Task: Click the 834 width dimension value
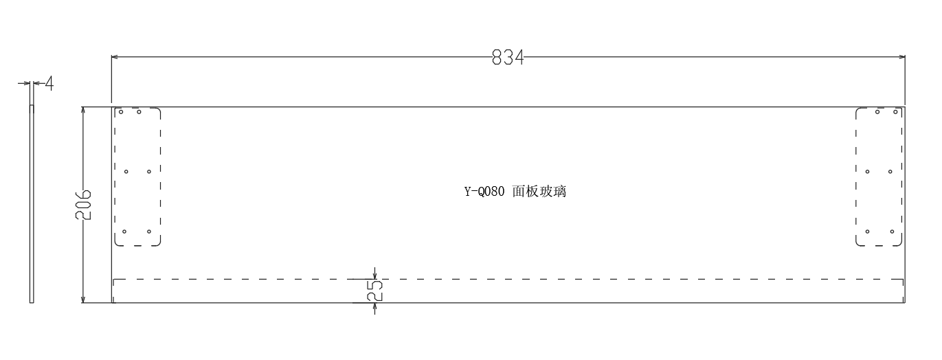[x=508, y=58]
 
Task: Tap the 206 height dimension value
[x=83, y=205]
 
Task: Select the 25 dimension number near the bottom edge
[x=374, y=291]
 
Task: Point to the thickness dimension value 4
[x=49, y=83]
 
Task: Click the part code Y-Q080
[x=484, y=192]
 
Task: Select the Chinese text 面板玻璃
[x=539, y=192]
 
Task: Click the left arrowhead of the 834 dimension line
[x=114, y=57]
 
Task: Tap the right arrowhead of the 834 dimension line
[x=901, y=57]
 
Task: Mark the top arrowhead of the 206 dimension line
[x=83, y=110]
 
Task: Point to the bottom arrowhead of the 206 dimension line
[x=83, y=300]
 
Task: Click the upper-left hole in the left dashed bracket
[x=121, y=112]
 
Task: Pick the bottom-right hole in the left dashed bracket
[x=149, y=232]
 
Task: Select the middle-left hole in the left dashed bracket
[x=126, y=172]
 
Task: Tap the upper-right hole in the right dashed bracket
[x=895, y=112]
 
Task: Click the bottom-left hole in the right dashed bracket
[x=867, y=232]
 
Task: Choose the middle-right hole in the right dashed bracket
[x=890, y=172]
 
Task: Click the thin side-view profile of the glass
[x=32, y=204]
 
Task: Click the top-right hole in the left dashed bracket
[x=139, y=112]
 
